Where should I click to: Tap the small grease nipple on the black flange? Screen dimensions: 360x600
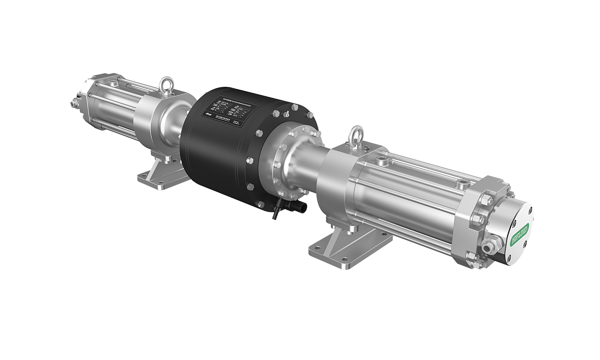pyautogui.click(x=287, y=114)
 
